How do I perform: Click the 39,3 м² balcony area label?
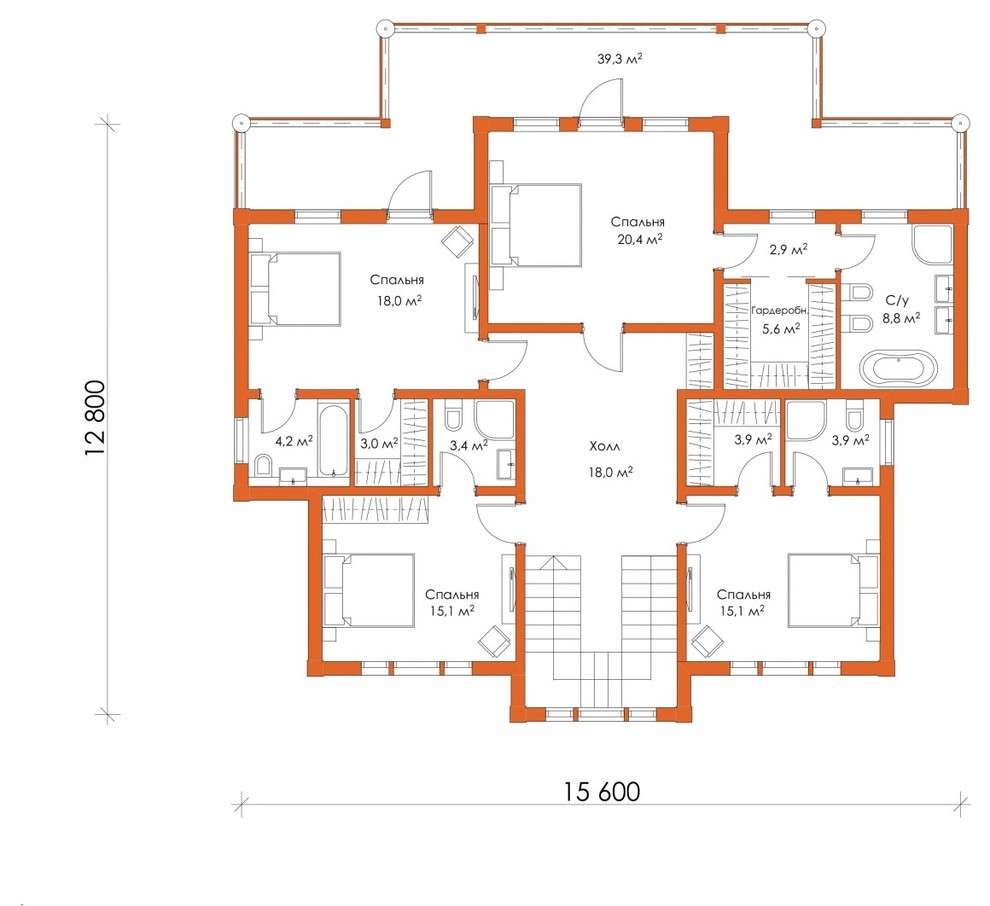coord(619,59)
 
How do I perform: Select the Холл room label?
coord(605,446)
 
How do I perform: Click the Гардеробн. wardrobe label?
coord(780,311)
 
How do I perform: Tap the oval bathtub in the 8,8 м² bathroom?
coord(898,368)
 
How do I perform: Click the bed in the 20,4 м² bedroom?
coord(537,225)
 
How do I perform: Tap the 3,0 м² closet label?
coord(379,443)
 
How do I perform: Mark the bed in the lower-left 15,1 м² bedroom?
coord(369,590)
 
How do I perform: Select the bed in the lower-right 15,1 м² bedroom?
coord(833,590)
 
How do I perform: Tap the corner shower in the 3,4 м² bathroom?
coord(496,420)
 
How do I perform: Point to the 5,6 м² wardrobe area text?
coord(781,328)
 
